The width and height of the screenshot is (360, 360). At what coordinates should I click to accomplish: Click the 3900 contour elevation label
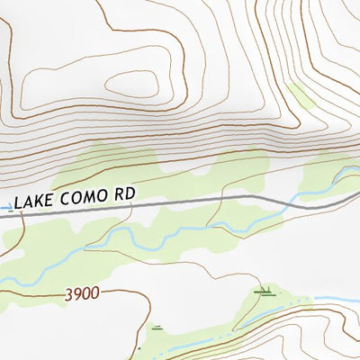coord(81,293)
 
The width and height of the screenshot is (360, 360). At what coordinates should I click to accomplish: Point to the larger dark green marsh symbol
coord(263,292)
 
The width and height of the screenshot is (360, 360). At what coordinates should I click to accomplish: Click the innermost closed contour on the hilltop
coord(135,84)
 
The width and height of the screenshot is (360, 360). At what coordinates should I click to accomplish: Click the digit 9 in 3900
coord(76,293)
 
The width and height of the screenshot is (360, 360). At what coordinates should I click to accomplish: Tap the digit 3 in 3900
coord(68,293)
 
